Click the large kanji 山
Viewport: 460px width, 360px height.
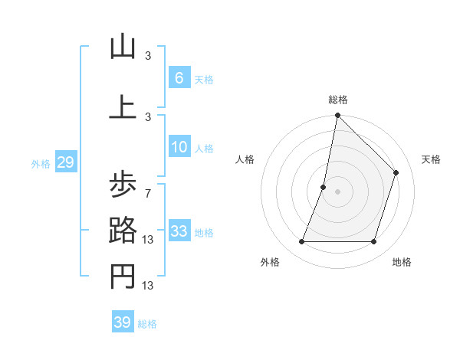[122, 47]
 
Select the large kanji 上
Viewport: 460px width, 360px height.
[122, 107]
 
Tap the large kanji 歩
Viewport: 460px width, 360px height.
[122, 184]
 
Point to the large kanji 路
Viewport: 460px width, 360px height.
[122, 230]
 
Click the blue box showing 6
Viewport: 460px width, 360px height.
[179, 78]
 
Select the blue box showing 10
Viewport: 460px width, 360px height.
[179, 147]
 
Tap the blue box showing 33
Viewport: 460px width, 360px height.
[179, 231]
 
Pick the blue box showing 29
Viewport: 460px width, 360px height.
[65, 162]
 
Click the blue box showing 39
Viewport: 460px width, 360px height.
[123, 322]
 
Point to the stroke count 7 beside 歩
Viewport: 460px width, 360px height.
[148, 192]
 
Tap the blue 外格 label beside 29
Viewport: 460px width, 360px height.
[41, 163]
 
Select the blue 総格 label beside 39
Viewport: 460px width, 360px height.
[147, 324]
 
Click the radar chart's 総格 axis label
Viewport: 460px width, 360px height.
[338, 100]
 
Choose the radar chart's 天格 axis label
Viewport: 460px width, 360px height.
[432, 159]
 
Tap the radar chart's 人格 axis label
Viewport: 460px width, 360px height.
[245, 159]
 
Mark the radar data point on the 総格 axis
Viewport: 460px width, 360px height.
[337, 116]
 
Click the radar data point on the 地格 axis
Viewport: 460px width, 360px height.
[374, 242]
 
